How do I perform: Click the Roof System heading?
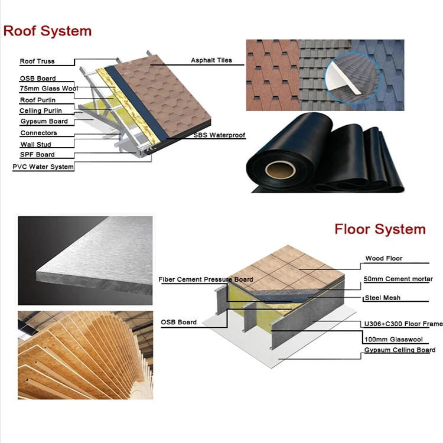[47, 31]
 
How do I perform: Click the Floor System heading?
[380, 229]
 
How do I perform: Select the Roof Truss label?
[38, 61]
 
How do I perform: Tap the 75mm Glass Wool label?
[48, 89]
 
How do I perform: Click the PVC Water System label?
[43, 167]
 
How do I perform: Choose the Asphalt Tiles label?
[211, 60]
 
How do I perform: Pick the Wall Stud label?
[35, 144]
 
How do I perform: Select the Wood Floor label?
[383, 258]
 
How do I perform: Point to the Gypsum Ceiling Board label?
[399, 350]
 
